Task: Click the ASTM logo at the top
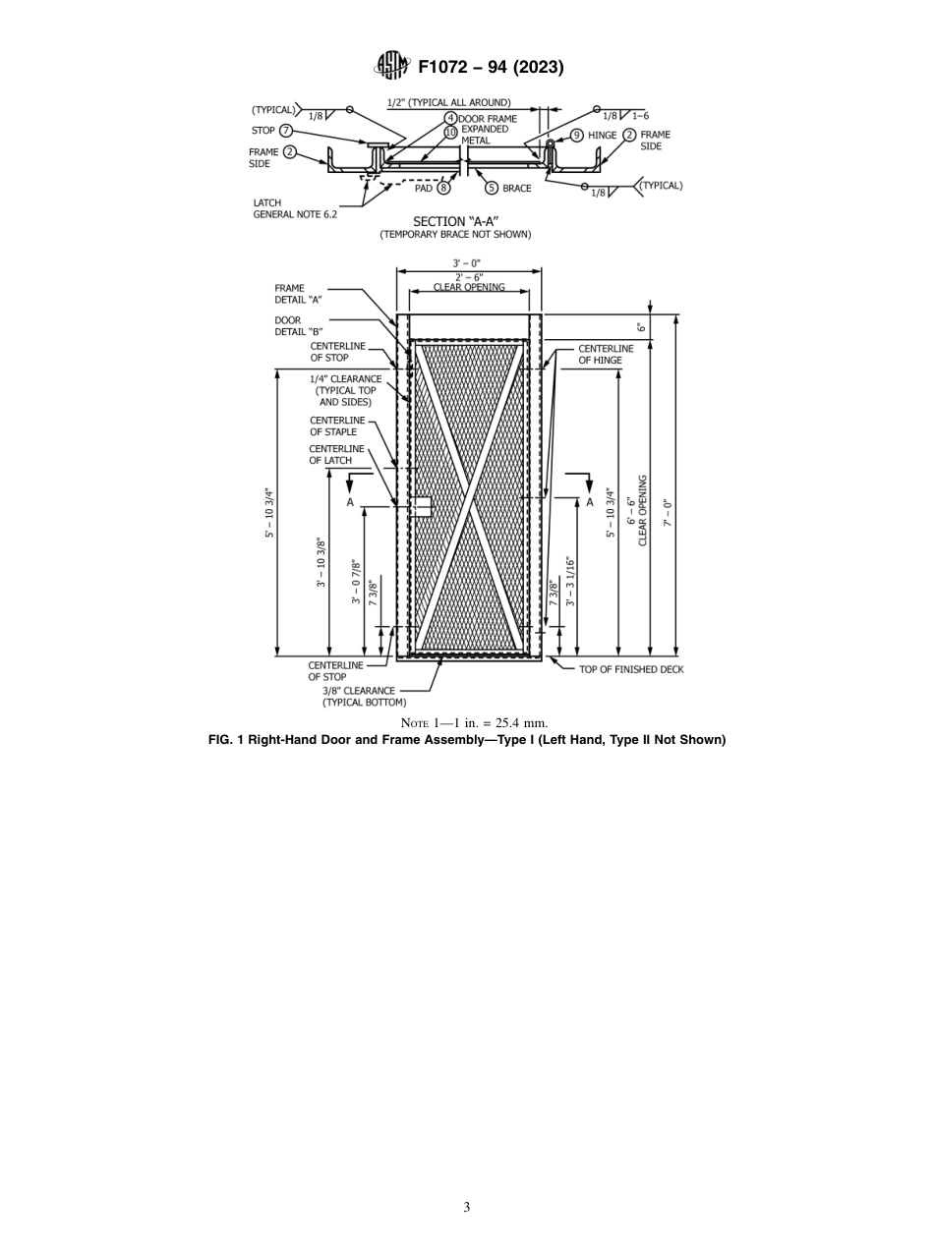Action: tap(391, 67)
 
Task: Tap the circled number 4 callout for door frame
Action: tap(450, 119)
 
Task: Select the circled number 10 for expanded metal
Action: tap(450, 132)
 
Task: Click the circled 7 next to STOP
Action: tap(286, 131)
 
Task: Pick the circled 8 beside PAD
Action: tap(443, 188)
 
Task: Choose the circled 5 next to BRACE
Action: tap(492, 188)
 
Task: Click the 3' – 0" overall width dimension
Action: tap(467, 263)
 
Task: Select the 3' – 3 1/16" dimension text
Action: tap(570, 582)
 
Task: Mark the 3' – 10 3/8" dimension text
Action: tap(321, 563)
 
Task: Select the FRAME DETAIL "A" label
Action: tap(298, 294)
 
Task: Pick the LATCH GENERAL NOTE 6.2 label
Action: tap(294, 208)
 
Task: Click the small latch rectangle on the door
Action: tap(422, 507)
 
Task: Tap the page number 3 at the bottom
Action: tap(467, 1207)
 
